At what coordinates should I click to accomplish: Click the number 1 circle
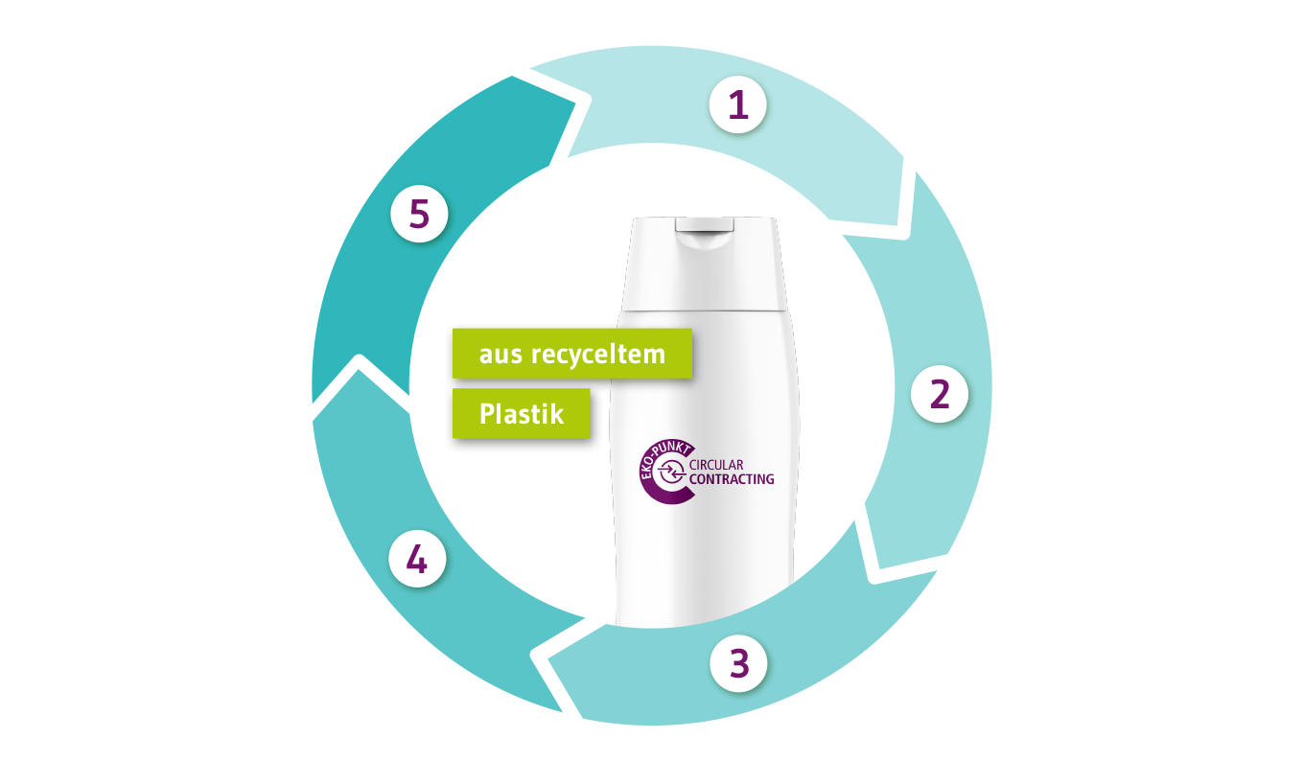click(x=737, y=104)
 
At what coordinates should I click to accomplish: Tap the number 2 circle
click(x=939, y=394)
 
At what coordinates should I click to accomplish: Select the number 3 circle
click(x=737, y=662)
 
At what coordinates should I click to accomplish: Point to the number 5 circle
click(x=419, y=215)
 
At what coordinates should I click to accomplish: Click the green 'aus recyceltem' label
click(x=571, y=355)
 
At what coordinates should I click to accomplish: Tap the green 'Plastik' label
click(x=521, y=414)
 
